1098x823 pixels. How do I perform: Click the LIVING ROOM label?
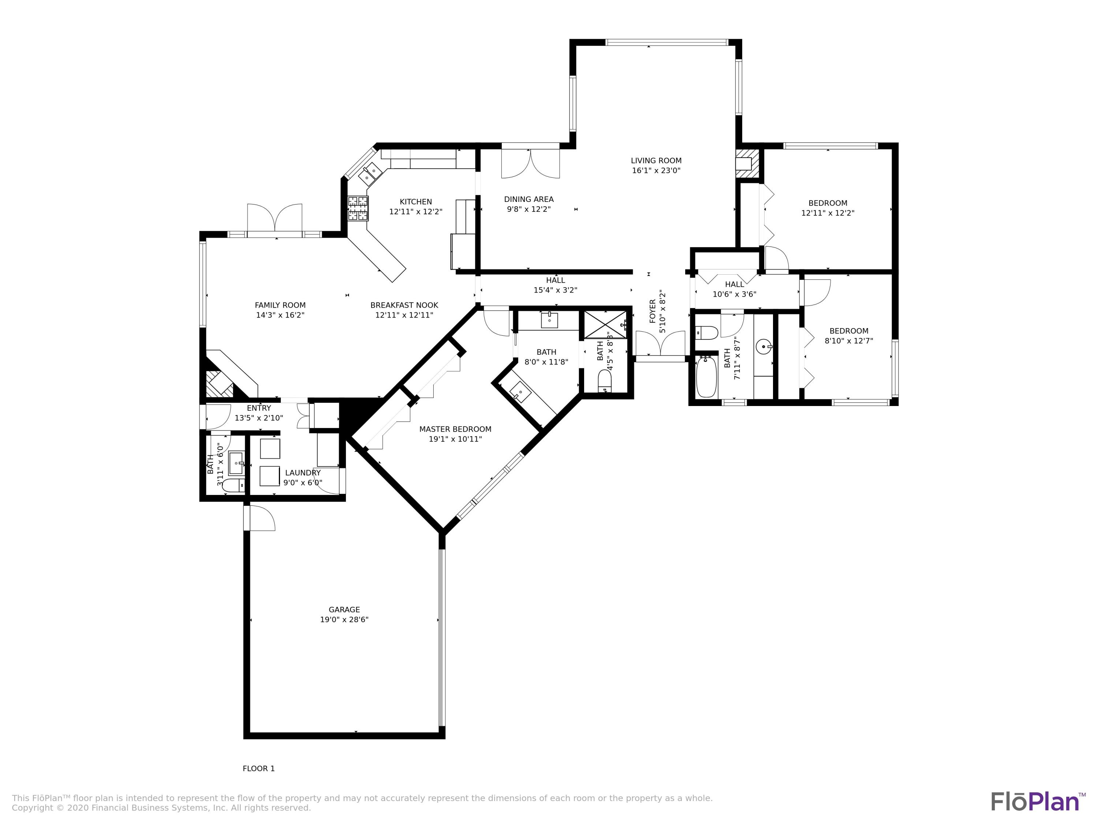[x=656, y=161]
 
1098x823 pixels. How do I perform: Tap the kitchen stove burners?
[x=358, y=208]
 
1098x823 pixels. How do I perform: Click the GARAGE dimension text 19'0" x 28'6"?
[x=344, y=620]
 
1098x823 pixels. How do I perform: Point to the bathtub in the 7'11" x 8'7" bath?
[x=706, y=377]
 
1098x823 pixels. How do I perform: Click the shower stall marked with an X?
[x=605, y=324]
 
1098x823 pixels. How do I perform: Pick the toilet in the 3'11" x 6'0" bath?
[x=232, y=484]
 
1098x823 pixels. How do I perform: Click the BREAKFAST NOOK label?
[x=404, y=305]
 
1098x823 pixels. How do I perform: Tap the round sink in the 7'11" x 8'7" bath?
[x=764, y=346]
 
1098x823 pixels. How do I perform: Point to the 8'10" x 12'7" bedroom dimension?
[x=849, y=341]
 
